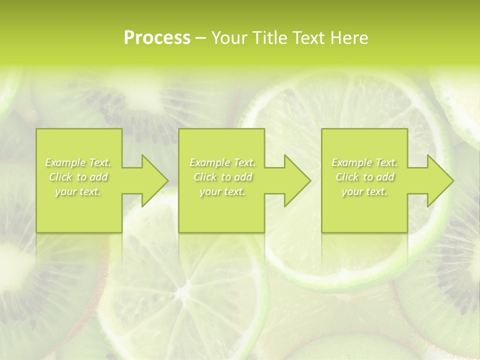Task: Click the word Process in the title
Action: pos(157,38)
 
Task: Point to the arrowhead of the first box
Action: pos(152,180)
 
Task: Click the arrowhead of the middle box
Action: pos(295,180)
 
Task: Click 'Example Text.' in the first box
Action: pos(78,162)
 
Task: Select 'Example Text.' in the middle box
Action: pos(222,162)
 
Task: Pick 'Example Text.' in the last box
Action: pos(364,162)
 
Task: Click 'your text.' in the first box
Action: pos(78,191)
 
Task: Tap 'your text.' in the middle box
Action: pos(222,191)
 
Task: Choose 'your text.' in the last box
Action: pos(364,191)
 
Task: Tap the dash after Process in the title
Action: pos(201,38)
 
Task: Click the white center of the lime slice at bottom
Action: pos(188,290)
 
